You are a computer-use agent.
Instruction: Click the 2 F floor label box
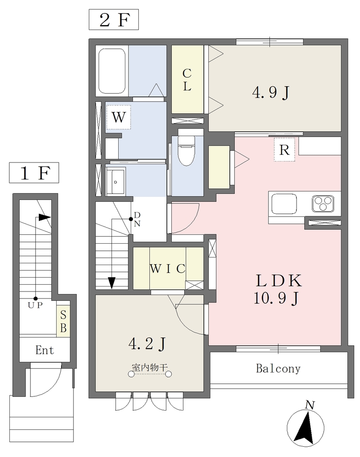(x=114, y=20)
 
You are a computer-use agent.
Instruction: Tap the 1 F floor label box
(x=34, y=173)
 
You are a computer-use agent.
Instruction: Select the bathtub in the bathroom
(x=112, y=71)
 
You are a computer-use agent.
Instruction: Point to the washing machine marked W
(x=119, y=117)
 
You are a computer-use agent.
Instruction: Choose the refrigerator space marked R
(x=284, y=150)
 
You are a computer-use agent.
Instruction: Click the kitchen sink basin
(x=284, y=204)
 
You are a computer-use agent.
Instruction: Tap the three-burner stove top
(x=323, y=204)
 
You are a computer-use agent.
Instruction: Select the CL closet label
(x=187, y=79)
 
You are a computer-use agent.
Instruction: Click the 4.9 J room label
(x=271, y=93)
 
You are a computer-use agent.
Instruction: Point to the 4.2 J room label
(x=147, y=344)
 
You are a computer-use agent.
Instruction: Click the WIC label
(x=167, y=268)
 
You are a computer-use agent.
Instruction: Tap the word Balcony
(x=278, y=369)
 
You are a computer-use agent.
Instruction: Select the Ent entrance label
(x=45, y=350)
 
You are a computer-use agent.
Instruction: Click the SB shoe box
(x=63, y=321)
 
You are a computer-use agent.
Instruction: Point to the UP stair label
(x=35, y=305)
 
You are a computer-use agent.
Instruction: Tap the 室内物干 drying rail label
(x=150, y=367)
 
